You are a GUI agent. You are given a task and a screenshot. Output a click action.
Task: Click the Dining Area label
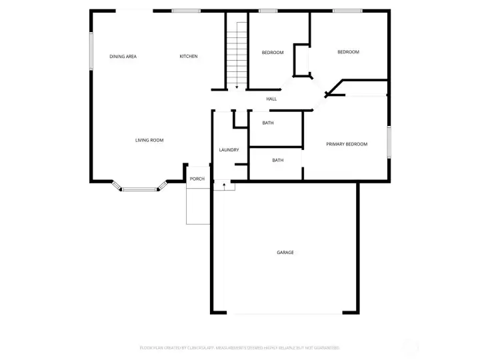[x=123, y=57]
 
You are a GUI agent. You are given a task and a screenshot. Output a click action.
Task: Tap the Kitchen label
[x=189, y=57]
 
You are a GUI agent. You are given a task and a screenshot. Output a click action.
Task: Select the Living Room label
[x=149, y=140]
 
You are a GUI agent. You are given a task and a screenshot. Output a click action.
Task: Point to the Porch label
[x=197, y=179]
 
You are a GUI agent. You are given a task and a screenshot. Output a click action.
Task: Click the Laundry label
[x=229, y=150]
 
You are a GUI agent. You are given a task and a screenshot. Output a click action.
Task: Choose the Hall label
[x=271, y=99]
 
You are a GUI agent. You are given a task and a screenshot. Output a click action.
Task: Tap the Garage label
[x=285, y=253]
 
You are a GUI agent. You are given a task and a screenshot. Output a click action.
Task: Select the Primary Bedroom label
[x=346, y=144]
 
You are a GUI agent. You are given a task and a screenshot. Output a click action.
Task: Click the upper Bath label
[x=267, y=123]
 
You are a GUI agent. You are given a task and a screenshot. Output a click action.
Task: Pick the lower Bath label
[x=277, y=160]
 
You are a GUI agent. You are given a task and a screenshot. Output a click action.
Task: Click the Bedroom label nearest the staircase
[x=272, y=53]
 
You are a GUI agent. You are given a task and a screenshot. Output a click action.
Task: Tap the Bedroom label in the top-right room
[x=348, y=52]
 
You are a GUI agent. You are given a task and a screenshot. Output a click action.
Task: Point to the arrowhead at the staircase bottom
[x=237, y=86]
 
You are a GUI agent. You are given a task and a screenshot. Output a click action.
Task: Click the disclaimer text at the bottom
[x=240, y=348]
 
